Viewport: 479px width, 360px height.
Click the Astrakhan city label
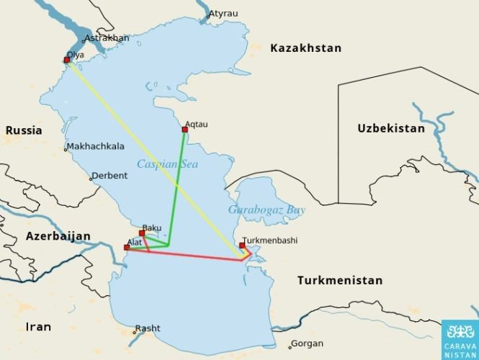(x=107, y=38)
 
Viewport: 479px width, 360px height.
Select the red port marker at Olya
(x=67, y=60)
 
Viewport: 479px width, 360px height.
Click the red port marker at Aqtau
(x=185, y=130)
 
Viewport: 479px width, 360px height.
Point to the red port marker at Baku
(x=142, y=233)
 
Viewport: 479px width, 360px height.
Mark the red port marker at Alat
(x=127, y=248)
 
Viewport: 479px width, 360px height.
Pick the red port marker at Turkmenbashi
(x=243, y=246)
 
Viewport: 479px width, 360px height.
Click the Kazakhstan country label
(x=305, y=48)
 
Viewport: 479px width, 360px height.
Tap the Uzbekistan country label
(x=391, y=128)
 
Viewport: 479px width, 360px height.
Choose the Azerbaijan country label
(x=58, y=236)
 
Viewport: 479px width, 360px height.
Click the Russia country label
(x=24, y=131)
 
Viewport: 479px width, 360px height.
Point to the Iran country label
(x=38, y=327)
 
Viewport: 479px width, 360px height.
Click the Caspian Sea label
(x=167, y=164)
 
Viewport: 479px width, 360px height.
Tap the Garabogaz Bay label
(x=267, y=210)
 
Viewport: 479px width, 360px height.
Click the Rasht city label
(x=148, y=329)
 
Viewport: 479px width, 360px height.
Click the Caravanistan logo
(x=460, y=338)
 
